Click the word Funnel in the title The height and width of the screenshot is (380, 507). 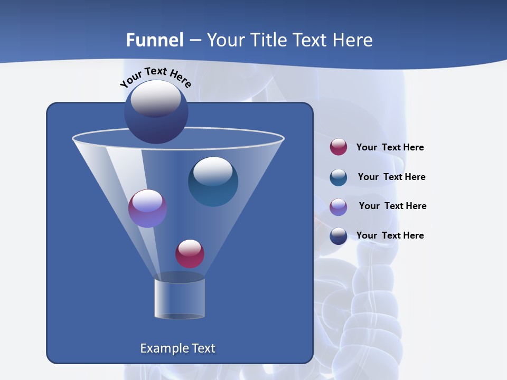point(155,40)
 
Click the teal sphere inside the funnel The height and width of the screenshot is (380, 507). point(213,182)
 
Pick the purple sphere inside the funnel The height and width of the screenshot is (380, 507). point(147,208)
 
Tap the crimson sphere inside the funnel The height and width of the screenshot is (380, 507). point(190,253)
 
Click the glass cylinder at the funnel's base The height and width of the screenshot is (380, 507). point(180,299)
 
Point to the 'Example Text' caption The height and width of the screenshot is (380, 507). point(178,348)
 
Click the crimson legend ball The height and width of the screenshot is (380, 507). point(339,147)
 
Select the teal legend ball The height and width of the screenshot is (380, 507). point(339,177)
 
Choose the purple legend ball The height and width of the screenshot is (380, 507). point(339,207)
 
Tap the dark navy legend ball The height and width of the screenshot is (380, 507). point(339,236)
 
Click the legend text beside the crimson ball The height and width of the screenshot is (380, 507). point(390,147)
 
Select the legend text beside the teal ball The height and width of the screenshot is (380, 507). point(391,177)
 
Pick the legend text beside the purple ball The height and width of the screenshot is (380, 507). point(392,206)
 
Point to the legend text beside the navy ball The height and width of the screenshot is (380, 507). point(390,235)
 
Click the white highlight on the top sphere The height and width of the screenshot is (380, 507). point(156,98)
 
